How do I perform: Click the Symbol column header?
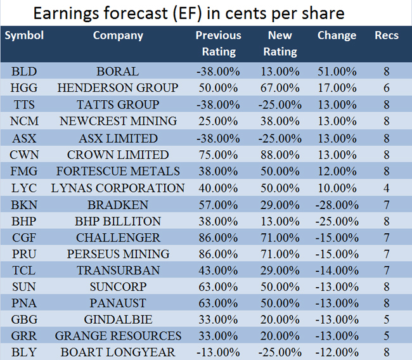point(24,35)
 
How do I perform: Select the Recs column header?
point(386,35)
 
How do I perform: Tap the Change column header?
point(337,35)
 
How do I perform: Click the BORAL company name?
point(117,72)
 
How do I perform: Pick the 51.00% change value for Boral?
point(337,72)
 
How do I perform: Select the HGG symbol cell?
point(24,88)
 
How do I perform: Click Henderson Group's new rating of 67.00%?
point(280,88)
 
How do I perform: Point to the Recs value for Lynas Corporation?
point(386,188)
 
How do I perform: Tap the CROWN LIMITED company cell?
point(117,155)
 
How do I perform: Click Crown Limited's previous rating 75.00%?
point(218,155)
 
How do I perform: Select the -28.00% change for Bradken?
point(337,205)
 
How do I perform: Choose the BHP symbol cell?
point(24,221)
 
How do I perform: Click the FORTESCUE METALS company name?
point(117,171)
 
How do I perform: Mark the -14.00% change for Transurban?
point(337,271)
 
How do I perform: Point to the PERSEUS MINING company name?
point(117,254)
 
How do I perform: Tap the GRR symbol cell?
point(24,335)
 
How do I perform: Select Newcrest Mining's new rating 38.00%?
point(280,121)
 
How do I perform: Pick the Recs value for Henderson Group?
point(386,88)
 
